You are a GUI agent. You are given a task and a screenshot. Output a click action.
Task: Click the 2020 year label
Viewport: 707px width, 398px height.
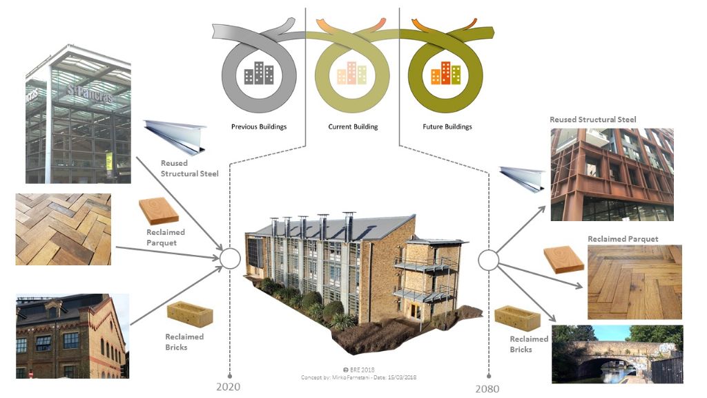point(228,386)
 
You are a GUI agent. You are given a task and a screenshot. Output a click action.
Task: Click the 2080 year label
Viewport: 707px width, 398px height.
point(487,388)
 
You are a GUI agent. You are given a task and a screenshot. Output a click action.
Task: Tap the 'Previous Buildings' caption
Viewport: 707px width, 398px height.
point(259,127)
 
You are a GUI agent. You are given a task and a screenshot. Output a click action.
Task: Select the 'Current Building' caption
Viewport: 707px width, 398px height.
point(352,127)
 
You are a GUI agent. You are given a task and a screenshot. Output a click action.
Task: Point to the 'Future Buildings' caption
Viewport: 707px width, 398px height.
point(447,127)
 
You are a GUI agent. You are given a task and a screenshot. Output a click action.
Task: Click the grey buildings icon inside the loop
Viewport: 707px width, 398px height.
point(259,73)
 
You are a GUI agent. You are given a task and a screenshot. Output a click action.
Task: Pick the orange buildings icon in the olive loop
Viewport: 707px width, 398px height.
point(445,73)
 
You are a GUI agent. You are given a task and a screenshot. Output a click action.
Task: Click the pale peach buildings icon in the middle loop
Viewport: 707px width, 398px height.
point(352,73)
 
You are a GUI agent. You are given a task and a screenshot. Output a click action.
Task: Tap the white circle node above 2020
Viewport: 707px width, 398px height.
point(229,260)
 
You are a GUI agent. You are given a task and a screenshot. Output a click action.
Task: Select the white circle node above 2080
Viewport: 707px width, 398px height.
point(488,260)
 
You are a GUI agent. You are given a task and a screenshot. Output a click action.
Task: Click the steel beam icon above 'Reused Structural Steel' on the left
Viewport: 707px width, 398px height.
point(175,135)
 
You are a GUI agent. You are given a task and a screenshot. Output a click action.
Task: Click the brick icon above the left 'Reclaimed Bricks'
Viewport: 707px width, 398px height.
point(189,314)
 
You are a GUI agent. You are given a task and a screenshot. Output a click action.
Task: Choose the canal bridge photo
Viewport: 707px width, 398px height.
point(617,354)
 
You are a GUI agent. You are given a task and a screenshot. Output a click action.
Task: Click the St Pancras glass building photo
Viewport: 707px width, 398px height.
point(78,115)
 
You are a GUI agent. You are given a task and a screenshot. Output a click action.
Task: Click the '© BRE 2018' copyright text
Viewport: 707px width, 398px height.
point(358,370)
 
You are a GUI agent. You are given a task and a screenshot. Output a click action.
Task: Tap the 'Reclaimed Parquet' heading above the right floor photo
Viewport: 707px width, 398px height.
point(622,239)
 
